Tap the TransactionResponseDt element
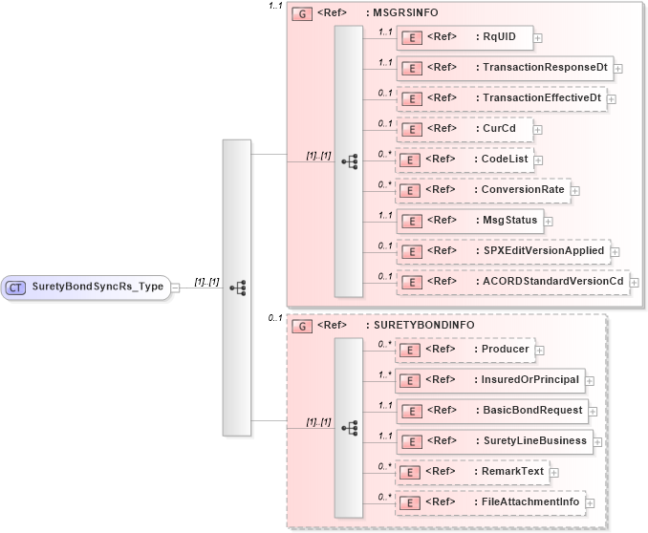click(505, 68)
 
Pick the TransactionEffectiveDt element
click(502, 98)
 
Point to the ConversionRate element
click(483, 190)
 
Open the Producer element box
click(464, 350)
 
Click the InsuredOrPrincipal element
click(490, 380)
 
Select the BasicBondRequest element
click(492, 411)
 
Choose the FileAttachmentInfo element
click(490, 502)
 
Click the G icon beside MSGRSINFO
click(302, 15)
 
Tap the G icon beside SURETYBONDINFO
click(302, 326)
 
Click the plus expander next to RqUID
click(538, 38)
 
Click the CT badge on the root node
click(16, 286)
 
